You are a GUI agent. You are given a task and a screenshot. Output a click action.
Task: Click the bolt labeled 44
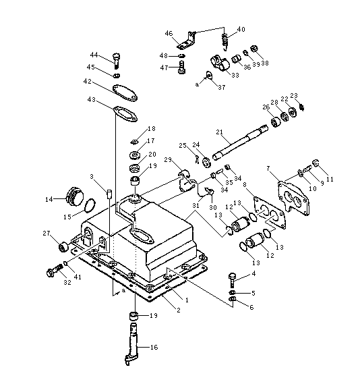117,61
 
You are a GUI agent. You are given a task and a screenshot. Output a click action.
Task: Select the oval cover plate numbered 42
125,92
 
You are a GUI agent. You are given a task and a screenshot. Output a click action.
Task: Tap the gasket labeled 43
125,113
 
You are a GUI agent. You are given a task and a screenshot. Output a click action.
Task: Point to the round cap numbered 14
74,196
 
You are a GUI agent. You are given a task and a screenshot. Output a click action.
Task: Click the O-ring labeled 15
90,205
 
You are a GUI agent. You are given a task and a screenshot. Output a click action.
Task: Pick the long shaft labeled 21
240,142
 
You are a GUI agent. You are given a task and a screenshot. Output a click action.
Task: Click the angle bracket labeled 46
187,40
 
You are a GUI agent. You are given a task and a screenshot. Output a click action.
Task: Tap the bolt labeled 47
181,67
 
